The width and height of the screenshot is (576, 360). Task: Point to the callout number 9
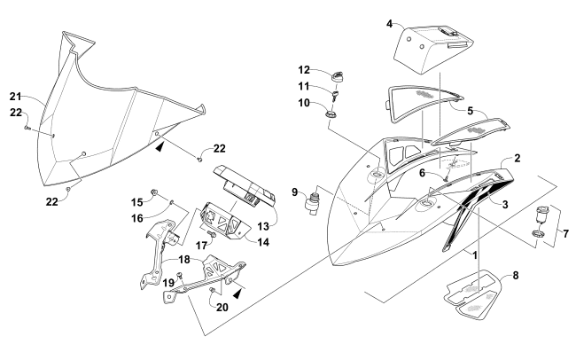pyautogui.click(x=297, y=189)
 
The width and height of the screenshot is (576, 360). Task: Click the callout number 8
pyautogui.click(x=504, y=276)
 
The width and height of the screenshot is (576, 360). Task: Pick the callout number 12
pyautogui.click(x=303, y=70)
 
